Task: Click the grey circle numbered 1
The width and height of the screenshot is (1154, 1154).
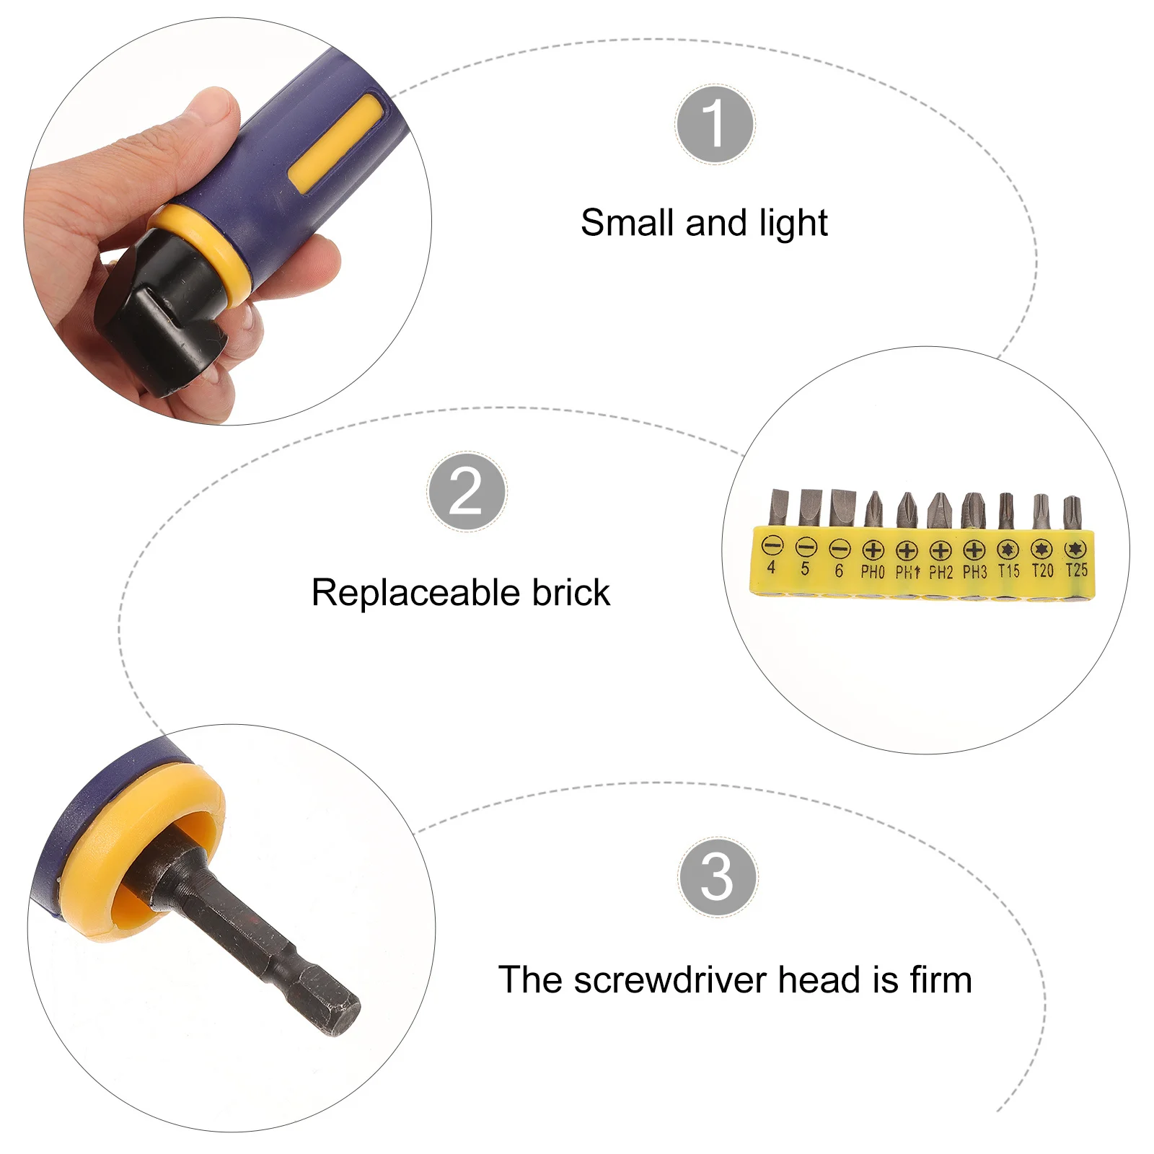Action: [x=715, y=124]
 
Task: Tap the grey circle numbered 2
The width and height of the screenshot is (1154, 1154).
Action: [x=467, y=492]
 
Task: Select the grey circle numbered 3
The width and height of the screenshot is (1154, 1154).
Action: [x=718, y=877]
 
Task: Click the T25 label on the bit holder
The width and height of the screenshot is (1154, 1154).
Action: [x=1076, y=571]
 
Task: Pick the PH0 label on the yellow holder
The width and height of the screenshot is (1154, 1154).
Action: [x=873, y=572]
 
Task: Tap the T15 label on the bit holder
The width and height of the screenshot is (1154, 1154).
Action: [x=1008, y=571]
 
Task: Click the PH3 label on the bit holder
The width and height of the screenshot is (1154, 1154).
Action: [x=974, y=572]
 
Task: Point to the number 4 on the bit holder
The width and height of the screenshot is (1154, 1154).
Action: [x=771, y=568]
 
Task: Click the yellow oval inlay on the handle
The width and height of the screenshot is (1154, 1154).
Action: [x=335, y=144]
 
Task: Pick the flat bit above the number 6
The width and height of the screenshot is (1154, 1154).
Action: [x=841, y=508]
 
